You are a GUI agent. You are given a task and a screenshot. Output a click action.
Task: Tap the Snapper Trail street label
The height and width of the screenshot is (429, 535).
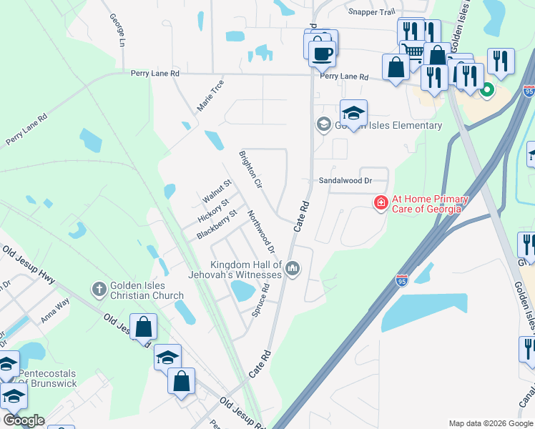tap(371, 11)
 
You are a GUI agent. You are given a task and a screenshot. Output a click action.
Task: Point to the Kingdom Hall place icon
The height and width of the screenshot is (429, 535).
tap(292, 269)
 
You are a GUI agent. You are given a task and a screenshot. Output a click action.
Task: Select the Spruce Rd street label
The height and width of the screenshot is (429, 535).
tap(260, 300)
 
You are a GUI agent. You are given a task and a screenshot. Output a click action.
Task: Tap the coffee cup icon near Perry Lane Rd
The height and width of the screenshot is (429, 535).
tap(322, 52)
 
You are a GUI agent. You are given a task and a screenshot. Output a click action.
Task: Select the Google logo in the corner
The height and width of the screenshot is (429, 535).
tap(24, 420)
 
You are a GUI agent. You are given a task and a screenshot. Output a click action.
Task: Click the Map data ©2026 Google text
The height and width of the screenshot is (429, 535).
tap(490, 423)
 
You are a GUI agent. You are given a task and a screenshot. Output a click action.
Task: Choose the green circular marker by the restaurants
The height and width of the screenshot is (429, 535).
tap(487, 90)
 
